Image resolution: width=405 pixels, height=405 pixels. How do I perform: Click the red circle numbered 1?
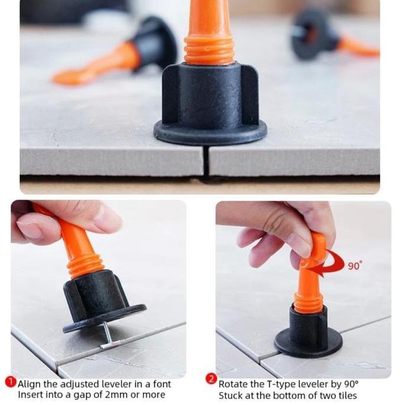tap(10, 382)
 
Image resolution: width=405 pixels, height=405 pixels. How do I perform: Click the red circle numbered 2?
tap(211, 378)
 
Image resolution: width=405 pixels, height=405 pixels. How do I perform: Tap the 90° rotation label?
tap(354, 266)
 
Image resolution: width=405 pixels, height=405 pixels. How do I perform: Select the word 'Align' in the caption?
tap(30, 384)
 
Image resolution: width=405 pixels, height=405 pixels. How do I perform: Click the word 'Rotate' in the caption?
tap(234, 384)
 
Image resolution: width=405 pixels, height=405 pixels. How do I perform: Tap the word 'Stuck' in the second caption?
tap(231, 395)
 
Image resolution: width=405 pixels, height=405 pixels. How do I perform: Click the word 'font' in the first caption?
tap(160, 384)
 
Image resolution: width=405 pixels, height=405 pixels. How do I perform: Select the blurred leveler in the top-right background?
tap(331, 35)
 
